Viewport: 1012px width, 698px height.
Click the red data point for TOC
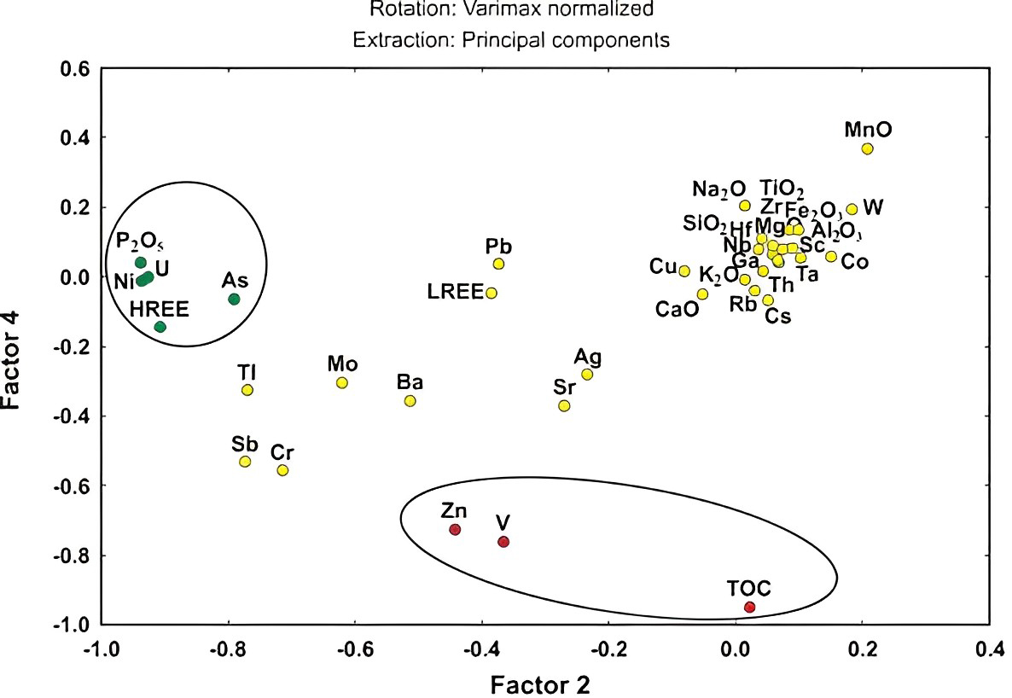pos(749,607)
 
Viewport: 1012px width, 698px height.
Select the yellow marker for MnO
pos(867,148)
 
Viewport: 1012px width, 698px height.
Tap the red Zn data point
pos(455,530)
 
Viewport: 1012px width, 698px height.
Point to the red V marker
pos(503,542)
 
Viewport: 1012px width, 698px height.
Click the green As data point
pos(234,299)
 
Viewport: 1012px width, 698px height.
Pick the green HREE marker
pos(160,327)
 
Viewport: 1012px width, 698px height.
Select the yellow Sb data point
pos(245,462)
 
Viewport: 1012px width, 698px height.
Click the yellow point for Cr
pos(282,470)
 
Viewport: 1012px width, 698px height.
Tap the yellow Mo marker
pos(342,382)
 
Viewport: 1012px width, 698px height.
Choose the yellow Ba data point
pos(410,401)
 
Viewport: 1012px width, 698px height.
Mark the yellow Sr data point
pos(564,405)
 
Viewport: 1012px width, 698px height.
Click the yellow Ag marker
pos(587,374)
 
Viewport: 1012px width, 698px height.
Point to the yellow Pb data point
pos(498,264)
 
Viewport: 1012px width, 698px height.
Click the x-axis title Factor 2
pos(540,683)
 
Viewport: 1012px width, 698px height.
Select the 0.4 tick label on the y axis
pos(73,137)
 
